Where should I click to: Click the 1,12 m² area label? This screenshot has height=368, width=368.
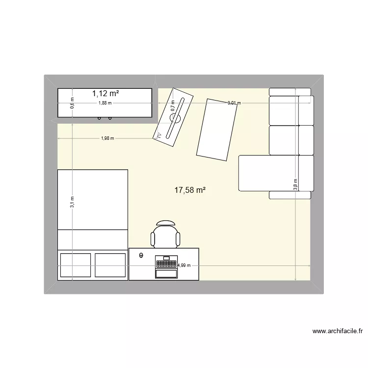pos(105,93)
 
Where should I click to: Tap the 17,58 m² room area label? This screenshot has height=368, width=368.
pos(190,190)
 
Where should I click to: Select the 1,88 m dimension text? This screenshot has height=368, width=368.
pos(105,103)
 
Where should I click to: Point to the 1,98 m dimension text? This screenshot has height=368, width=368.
pos(107,138)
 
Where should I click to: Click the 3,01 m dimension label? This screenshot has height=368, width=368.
pos(234,103)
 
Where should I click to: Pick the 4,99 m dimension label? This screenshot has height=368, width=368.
pos(184,265)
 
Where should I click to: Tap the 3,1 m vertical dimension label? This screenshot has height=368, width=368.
pos(72,202)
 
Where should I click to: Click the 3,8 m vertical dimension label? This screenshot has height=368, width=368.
pos(295,184)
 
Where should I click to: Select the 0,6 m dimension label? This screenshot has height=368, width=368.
pos(72,104)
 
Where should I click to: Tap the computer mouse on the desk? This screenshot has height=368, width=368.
pos(141,255)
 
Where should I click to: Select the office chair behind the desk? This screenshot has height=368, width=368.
pos(166,234)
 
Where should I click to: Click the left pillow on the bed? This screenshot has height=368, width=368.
pos(75,265)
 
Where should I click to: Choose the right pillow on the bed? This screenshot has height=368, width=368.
pos(110,265)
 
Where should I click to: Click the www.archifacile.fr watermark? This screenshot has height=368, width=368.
pos(337,331)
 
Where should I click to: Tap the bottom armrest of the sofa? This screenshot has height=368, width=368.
pos(290,195)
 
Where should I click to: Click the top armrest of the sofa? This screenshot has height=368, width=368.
pos(290,92)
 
